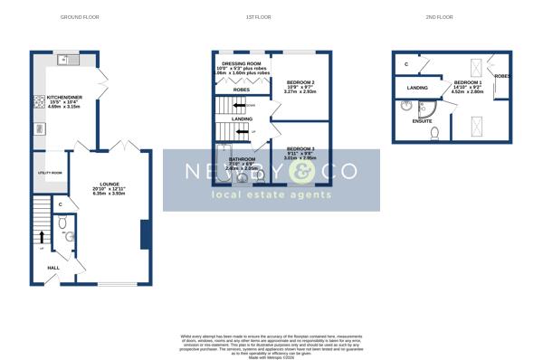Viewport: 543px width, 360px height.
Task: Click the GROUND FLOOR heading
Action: tap(79, 17)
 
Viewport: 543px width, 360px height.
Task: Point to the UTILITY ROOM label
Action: tap(50, 172)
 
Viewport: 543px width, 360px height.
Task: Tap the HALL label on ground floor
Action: tap(52, 268)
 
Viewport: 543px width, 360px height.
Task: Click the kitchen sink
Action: tap(65, 61)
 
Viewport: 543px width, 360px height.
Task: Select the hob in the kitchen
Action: tap(38, 99)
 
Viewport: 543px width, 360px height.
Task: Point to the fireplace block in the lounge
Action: tap(144, 235)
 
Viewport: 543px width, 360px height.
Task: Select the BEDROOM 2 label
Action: tap(301, 82)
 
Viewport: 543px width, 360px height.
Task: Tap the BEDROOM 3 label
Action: tap(300, 147)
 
